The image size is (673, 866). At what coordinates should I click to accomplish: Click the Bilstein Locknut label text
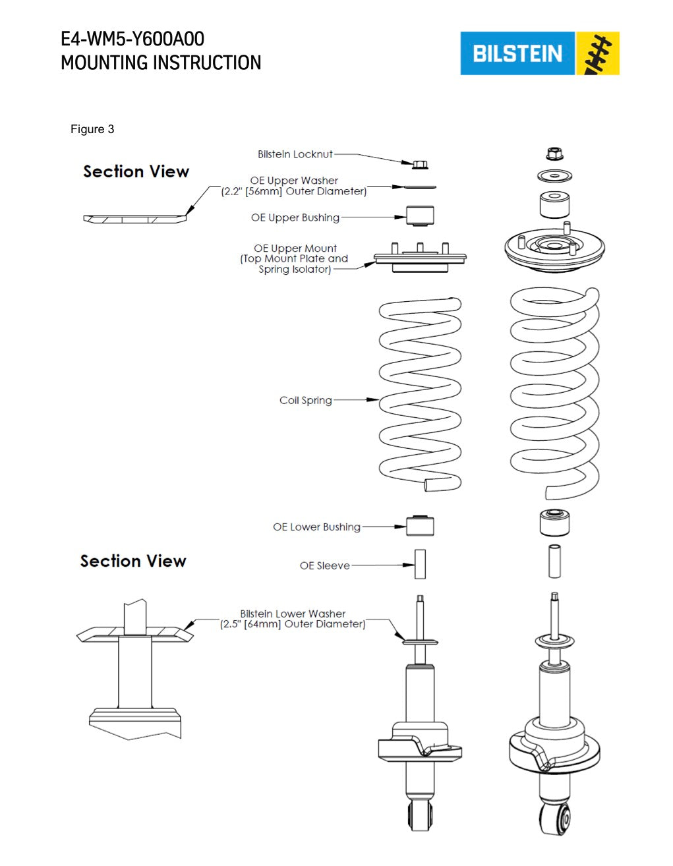[x=295, y=154]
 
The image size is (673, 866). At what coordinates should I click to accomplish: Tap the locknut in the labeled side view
[x=420, y=165]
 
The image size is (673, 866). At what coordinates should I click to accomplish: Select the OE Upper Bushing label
[x=295, y=217]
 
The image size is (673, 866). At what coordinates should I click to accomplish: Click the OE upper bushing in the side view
[x=420, y=216]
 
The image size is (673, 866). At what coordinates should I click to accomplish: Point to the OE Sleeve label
[x=324, y=565]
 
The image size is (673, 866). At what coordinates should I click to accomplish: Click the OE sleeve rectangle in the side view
[x=420, y=564]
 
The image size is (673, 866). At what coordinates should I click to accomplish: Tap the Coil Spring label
[x=306, y=400]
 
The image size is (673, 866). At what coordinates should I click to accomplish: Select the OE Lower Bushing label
[x=316, y=527]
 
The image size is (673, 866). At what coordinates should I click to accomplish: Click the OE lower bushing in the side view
[x=420, y=526]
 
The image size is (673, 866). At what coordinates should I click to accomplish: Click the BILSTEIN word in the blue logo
[x=517, y=53]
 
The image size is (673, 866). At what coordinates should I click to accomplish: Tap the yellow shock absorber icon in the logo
[x=597, y=53]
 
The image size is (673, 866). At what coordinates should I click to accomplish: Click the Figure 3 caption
[x=92, y=129]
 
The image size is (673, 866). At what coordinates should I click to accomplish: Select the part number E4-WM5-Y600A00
[x=132, y=39]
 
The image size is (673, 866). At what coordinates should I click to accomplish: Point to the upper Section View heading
[x=136, y=171]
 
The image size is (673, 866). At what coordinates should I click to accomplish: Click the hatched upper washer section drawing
[x=134, y=219]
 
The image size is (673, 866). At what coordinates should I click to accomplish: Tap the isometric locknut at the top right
[x=554, y=154]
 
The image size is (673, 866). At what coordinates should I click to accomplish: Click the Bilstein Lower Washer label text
[x=293, y=619]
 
